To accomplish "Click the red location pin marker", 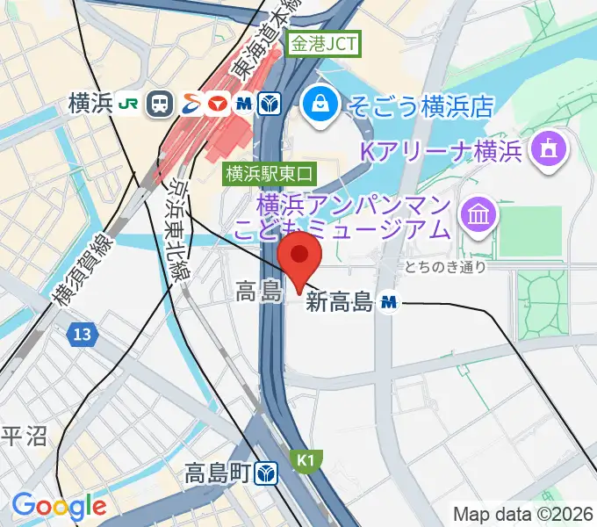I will tap(300, 256).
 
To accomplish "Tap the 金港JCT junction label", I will tap(324, 43).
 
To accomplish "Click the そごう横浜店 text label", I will tap(421, 107).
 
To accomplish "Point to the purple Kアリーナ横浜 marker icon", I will tap(549, 150).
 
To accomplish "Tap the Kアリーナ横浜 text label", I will tap(442, 151).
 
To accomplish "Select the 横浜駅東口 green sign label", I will tap(269, 173).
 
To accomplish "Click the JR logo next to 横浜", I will tap(128, 105).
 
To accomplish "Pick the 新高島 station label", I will tap(340, 304).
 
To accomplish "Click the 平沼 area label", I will tap(24, 437).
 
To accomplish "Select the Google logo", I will tap(59, 506).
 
